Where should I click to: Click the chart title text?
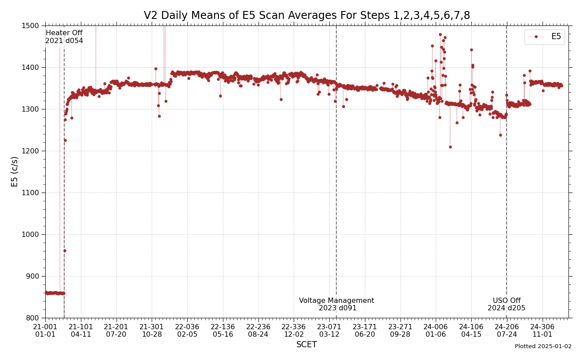point(306,16)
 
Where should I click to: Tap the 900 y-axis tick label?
point(35,276)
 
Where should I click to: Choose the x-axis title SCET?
point(306,345)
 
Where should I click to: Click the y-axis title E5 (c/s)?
point(15,171)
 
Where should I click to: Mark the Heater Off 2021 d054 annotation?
point(64,37)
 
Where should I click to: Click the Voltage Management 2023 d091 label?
point(337,305)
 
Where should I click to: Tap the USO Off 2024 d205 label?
point(506,305)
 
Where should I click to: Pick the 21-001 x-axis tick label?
point(45,331)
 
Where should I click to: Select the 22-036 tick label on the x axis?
point(187,331)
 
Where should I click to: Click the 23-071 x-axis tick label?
point(329,331)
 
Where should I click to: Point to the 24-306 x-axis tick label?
point(542,331)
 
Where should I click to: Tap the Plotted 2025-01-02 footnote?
point(543,347)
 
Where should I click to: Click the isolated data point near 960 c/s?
point(65,251)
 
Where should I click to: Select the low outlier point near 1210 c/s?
point(450,147)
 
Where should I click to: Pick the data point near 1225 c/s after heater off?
point(65,140)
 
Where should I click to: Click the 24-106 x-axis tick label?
point(471,331)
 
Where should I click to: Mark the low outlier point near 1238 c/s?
point(500,135)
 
